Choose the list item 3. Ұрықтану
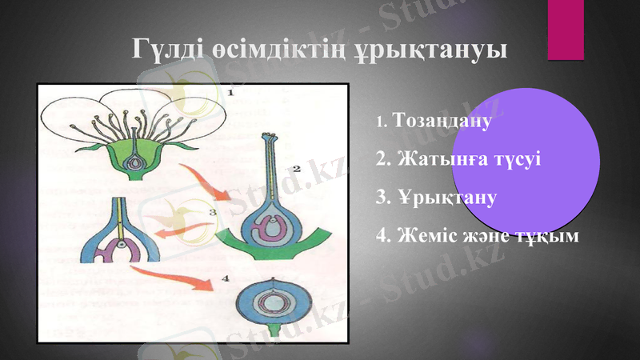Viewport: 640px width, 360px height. [437, 197]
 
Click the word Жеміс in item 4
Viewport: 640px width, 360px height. [430, 237]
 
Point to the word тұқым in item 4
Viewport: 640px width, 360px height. [548, 237]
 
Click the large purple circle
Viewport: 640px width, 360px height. [531, 160]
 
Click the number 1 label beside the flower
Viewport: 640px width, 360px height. [230, 94]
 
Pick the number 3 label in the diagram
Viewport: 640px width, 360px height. [212, 212]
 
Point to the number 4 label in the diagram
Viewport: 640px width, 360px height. [225, 278]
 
